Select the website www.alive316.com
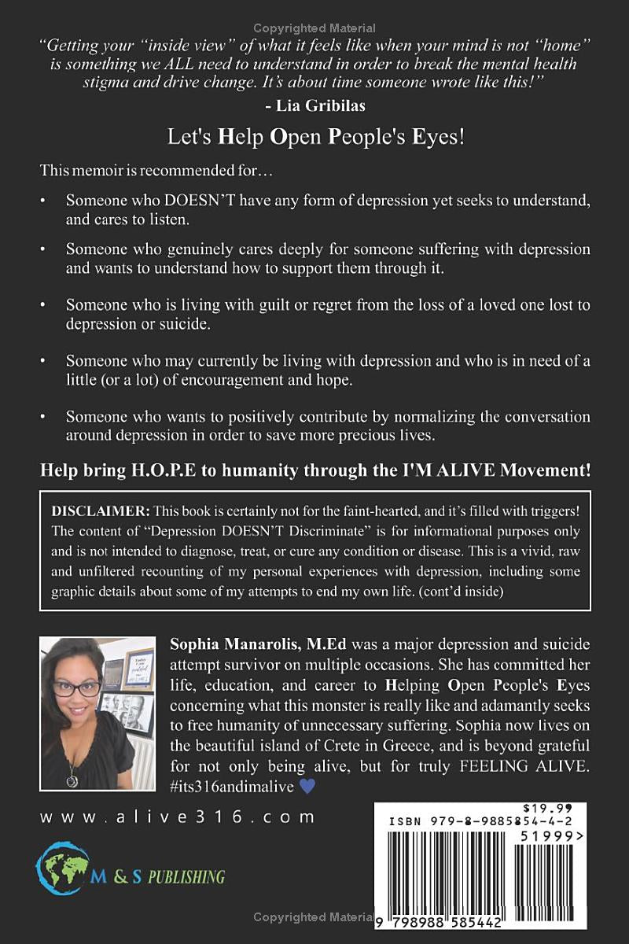(178, 817)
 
